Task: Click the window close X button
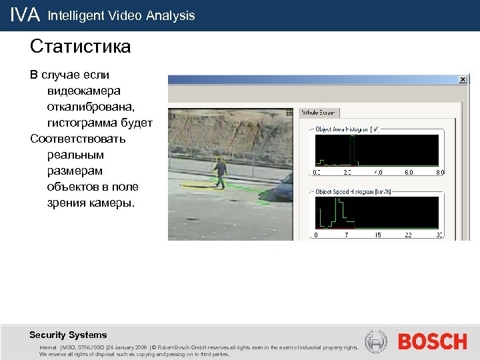[x=463, y=79]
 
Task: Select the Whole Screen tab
[x=319, y=113]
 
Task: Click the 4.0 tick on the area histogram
[x=377, y=172]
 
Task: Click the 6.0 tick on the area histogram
[x=409, y=172]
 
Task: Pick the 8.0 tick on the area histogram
[x=439, y=172]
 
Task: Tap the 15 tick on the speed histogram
[x=378, y=235]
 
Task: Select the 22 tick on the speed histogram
[x=409, y=235]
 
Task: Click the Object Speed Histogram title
[x=353, y=191]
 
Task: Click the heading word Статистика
[x=80, y=47]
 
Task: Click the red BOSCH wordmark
[x=432, y=342]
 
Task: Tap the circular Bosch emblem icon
[x=377, y=342]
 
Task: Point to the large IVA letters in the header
[x=25, y=15]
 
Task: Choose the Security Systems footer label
[x=68, y=335]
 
